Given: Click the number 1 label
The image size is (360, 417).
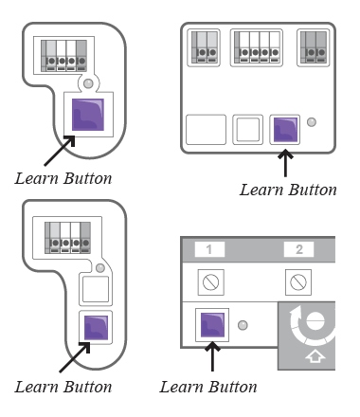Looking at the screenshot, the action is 209,249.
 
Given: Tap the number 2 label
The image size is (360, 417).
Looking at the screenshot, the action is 298,249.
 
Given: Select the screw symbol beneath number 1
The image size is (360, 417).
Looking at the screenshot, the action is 211,282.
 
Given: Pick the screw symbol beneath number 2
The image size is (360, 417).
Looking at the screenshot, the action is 298,282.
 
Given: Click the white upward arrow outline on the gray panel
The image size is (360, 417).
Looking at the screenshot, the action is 315,356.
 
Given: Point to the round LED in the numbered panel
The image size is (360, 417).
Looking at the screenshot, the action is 243,325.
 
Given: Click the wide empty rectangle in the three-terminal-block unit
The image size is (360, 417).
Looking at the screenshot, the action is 206,130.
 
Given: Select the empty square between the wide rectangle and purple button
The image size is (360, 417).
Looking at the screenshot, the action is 248,130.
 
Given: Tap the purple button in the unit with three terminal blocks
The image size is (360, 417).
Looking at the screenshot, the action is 285,130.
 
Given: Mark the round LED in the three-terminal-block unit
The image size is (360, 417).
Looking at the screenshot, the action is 312,122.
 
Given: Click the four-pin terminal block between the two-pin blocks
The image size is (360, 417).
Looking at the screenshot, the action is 257,47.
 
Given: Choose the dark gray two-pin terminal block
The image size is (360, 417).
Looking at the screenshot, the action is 314,47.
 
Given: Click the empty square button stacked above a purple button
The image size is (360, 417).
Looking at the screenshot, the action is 96,289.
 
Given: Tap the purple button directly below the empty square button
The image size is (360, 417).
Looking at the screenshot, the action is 96,328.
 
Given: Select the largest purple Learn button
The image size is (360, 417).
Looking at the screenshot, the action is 88,115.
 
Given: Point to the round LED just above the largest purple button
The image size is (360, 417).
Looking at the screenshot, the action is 88,83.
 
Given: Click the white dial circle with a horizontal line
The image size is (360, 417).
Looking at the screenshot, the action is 315,320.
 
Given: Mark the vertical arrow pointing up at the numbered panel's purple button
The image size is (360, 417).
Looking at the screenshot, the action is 212,357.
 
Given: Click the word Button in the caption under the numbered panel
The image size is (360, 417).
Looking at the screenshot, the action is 233,387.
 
